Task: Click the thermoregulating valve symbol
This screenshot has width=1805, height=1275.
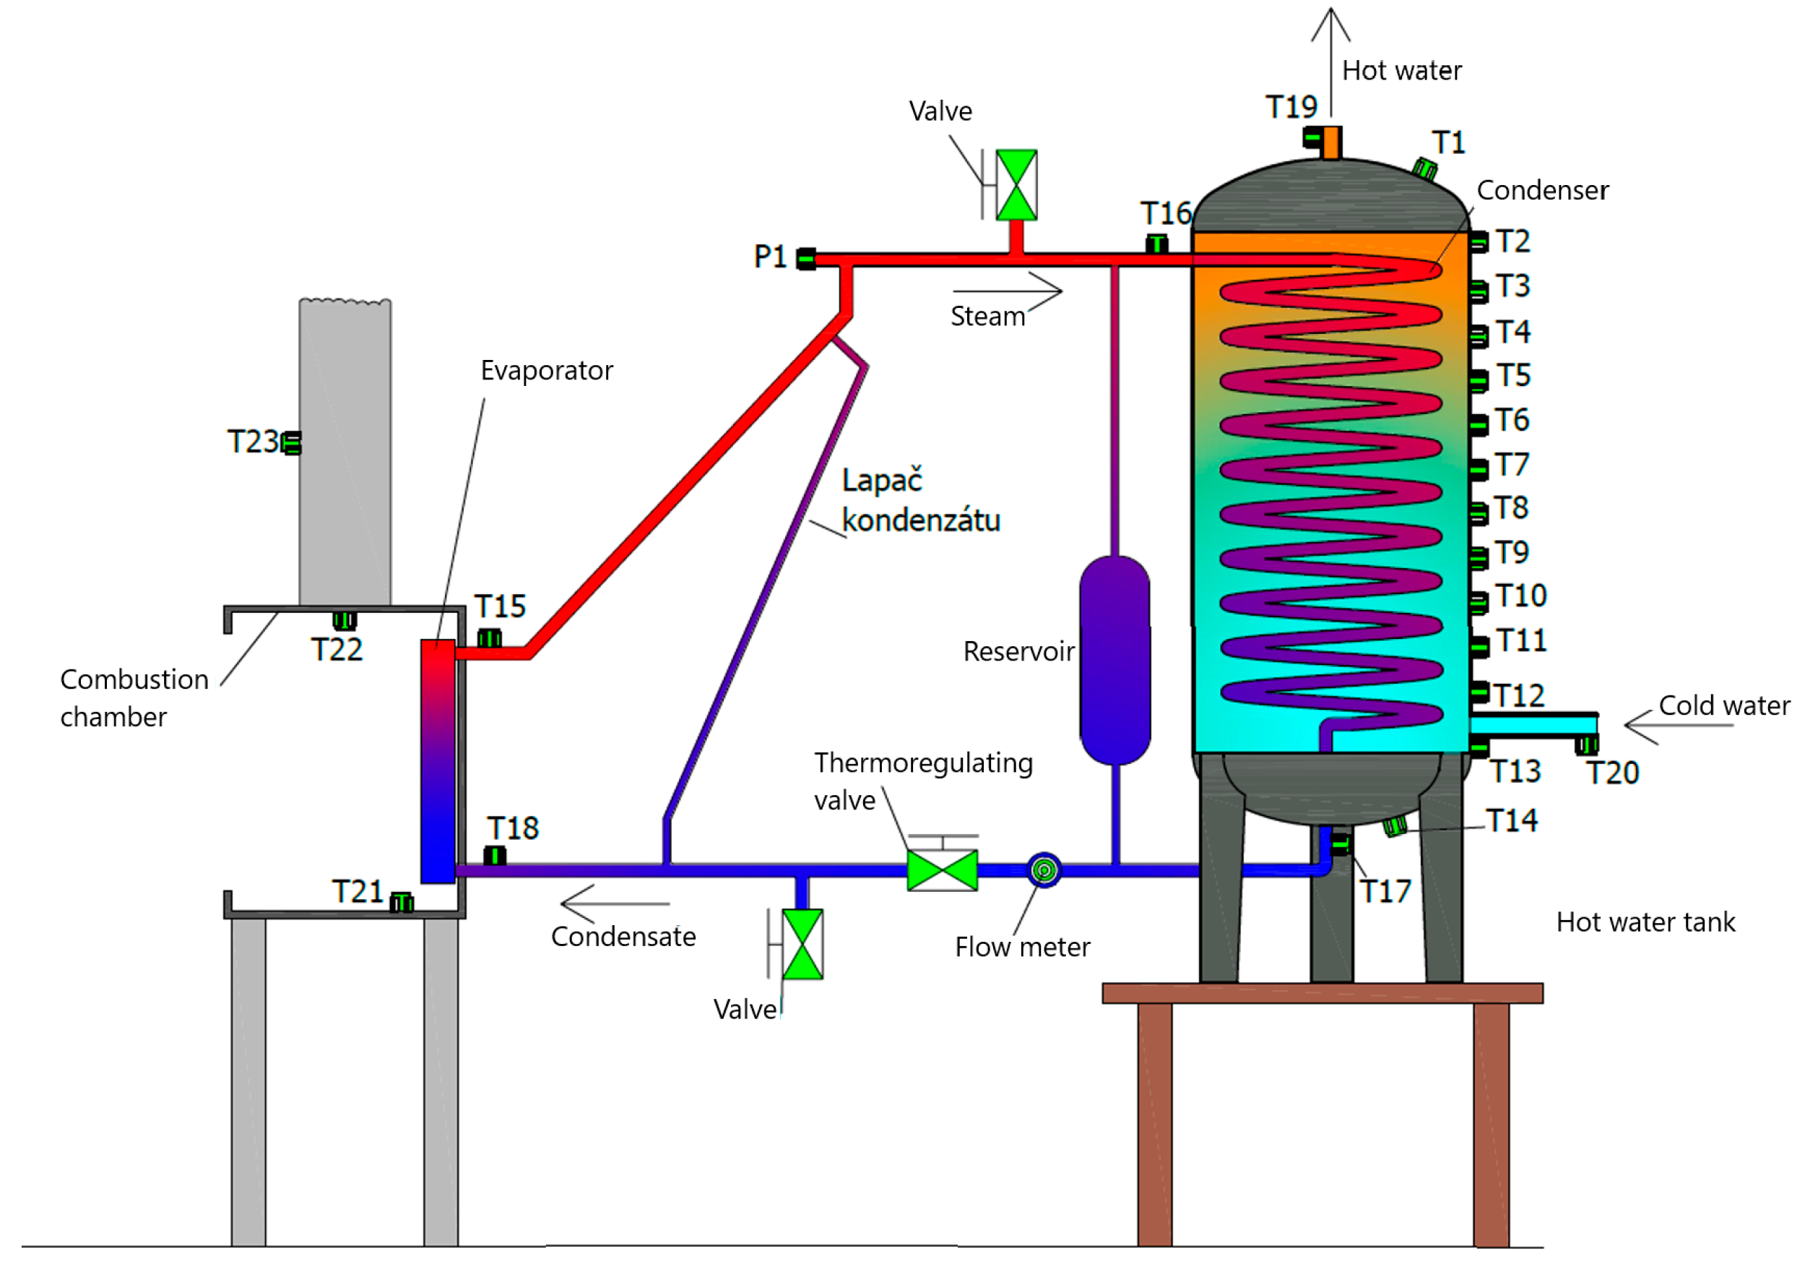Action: (942, 870)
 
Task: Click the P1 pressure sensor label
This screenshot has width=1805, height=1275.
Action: (770, 257)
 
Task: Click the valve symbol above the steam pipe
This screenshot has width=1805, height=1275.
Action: (1016, 185)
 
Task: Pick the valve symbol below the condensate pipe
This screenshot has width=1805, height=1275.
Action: (802, 944)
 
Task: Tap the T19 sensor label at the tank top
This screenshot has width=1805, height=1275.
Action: (1291, 107)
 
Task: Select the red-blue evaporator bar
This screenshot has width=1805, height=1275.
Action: (437, 760)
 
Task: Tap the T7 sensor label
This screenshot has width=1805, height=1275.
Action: (1511, 465)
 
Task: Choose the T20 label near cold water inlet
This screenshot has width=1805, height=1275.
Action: (1611, 773)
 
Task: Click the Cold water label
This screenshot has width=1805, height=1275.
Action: (1724, 705)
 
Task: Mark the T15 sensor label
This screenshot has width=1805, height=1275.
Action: (500, 606)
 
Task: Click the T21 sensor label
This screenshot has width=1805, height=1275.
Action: (358, 891)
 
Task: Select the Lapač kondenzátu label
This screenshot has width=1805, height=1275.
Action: (919, 500)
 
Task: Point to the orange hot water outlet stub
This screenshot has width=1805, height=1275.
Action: (1331, 142)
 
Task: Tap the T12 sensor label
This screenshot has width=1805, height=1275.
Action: (1518, 695)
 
